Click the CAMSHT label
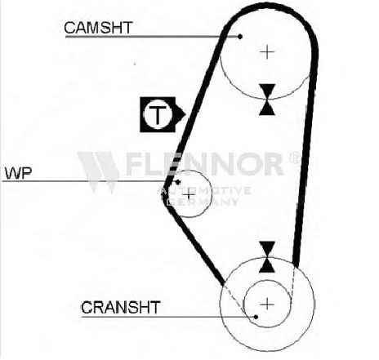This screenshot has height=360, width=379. pyautogui.click(x=98, y=28)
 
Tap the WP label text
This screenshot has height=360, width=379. pyautogui.click(x=19, y=173)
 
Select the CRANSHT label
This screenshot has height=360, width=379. pyautogui.click(x=120, y=308)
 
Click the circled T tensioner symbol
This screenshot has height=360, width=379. pyautogui.click(x=158, y=114)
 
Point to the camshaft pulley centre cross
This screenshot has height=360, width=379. pyautogui.click(x=267, y=52)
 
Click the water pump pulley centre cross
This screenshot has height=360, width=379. pyautogui.click(x=189, y=195)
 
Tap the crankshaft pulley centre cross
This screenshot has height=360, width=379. pyautogui.click(x=267, y=304)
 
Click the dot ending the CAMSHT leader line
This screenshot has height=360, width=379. pyautogui.click(x=240, y=37)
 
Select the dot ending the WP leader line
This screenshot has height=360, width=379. pyautogui.click(x=178, y=182)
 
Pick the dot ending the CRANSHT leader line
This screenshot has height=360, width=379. pyautogui.click(x=256, y=317)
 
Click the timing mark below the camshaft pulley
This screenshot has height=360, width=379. pyautogui.click(x=267, y=100)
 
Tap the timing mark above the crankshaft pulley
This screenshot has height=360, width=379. pyautogui.click(x=267, y=257)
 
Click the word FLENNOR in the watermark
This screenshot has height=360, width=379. pyautogui.click(x=205, y=164)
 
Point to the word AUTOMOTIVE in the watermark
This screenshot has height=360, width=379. pyautogui.click(x=204, y=190)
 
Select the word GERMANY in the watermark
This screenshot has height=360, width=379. pyautogui.click(x=203, y=202)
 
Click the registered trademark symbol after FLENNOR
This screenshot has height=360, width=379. pyautogui.click(x=295, y=158)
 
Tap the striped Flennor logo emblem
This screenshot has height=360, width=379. pyautogui.click(x=99, y=172)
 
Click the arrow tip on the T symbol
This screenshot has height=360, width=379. pyautogui.click(x=185, y=114)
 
